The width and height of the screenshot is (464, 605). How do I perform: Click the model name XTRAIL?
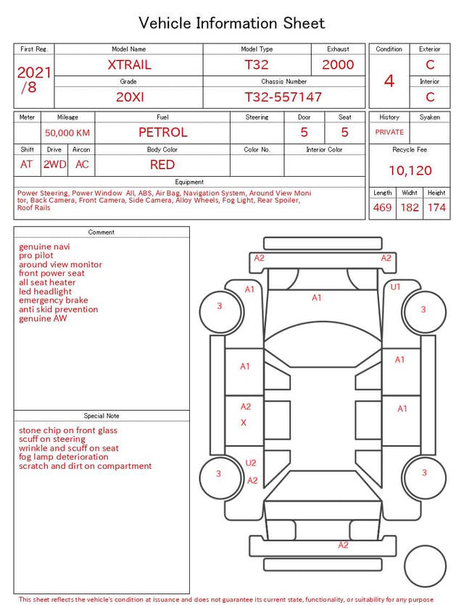[x=129, y=64]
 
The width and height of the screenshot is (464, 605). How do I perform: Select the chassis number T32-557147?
[x=283, y=97]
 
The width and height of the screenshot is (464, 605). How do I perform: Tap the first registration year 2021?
[x=34, y=72]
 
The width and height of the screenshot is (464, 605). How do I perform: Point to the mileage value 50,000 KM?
[x=67, y=133]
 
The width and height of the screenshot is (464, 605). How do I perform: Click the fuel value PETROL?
[x=163, y=133]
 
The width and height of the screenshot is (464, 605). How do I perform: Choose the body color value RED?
[x=162, y=164]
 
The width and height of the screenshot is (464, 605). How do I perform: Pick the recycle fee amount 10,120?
[x=410, y=170]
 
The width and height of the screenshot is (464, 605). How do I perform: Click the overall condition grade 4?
[x=389, y=81]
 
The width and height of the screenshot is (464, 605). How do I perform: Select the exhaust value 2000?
[x=338, y=64]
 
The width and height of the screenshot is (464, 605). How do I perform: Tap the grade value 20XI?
[x=130, y=97]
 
